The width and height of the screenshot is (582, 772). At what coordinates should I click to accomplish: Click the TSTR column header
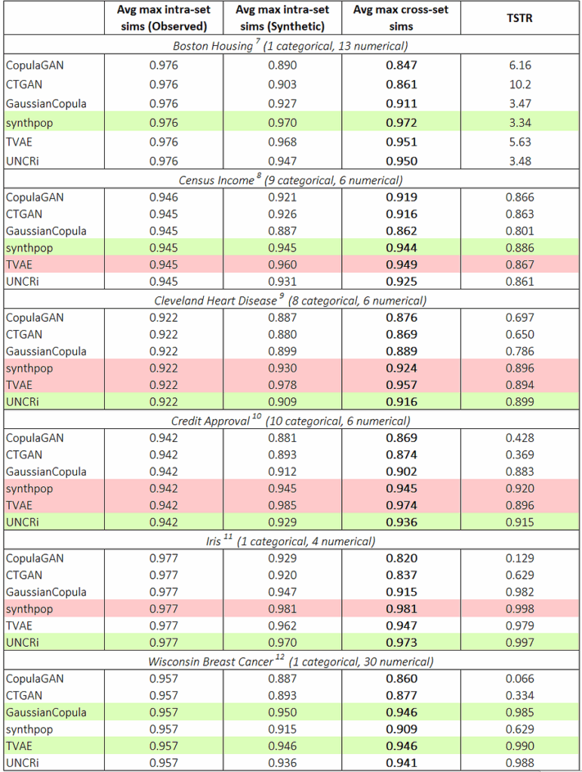click(x=521, y=17)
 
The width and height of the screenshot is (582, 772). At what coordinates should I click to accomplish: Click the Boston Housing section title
click(x=291, y=46)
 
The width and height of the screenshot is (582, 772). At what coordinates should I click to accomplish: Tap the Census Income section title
click(x=291, y=179)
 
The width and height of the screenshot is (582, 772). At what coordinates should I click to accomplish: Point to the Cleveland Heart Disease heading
click(x=291, y=300)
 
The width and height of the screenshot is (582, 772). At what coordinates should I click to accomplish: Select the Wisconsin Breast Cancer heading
click(x=291, y=661)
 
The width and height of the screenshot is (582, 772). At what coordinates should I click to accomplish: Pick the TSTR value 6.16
click(x=521, y=66)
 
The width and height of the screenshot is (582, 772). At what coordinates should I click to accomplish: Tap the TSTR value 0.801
click(x=521, y=231)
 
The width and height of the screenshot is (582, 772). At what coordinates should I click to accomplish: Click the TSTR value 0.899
click(x=521, y=402)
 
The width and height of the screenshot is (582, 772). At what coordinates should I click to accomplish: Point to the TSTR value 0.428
click(x=521, y=437)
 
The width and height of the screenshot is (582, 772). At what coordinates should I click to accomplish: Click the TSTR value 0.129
click(x=521, y=558)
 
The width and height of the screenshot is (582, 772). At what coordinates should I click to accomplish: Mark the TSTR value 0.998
click(x=521, y=609)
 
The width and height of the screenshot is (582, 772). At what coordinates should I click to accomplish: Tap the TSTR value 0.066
click(x=521, y=679)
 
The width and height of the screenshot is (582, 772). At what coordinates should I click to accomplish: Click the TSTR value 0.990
click(x=521, y=746)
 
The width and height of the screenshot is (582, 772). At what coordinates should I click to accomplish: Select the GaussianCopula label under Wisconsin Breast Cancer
click(x=46, y=712)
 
